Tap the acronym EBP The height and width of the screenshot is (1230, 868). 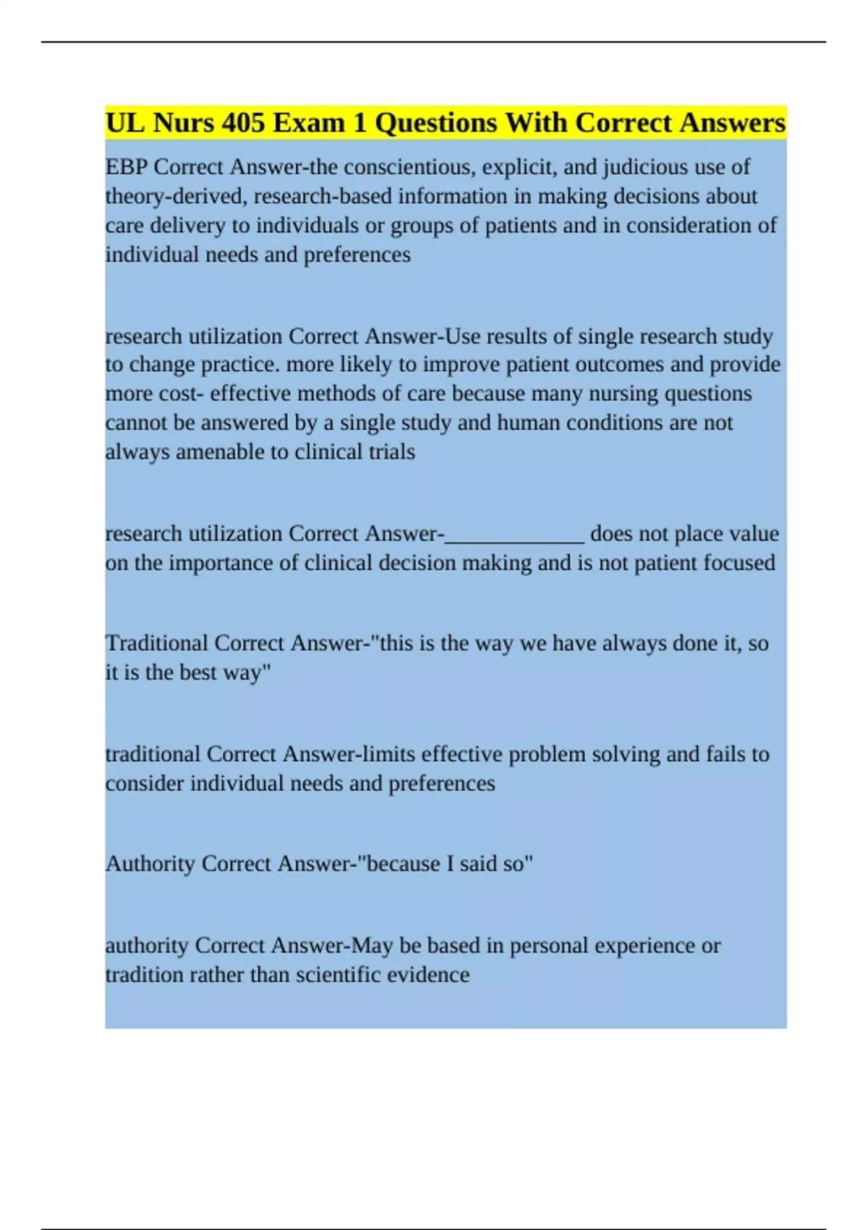127,167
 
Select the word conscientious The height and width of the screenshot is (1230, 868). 408,167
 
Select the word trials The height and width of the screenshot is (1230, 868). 390,452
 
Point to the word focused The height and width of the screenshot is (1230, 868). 739,563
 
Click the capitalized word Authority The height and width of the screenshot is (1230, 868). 150,864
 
